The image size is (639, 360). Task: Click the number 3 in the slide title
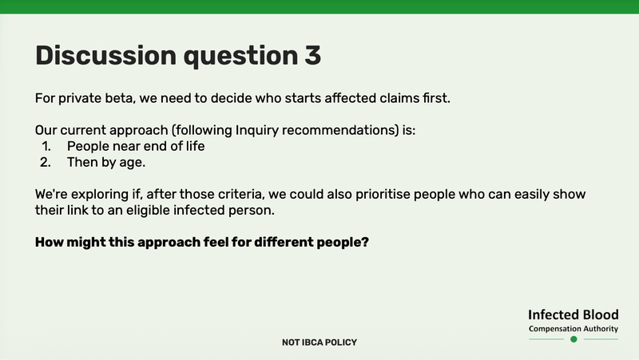(x=311, y=55)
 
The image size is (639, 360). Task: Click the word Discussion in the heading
(x=105, y=55)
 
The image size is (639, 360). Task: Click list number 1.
(x=46, y=147)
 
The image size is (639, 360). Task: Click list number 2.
(x=46, y=163)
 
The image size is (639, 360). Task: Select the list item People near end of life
(x=136, y=147)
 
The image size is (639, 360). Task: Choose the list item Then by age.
(x=105, y=163)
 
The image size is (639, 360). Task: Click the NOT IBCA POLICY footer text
(x=319, y=342)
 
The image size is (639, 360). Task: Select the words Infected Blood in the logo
(x=573, y=315)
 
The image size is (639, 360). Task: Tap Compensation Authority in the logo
(x=573, y=329)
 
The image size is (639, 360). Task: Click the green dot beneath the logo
(x=573, y=339)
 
